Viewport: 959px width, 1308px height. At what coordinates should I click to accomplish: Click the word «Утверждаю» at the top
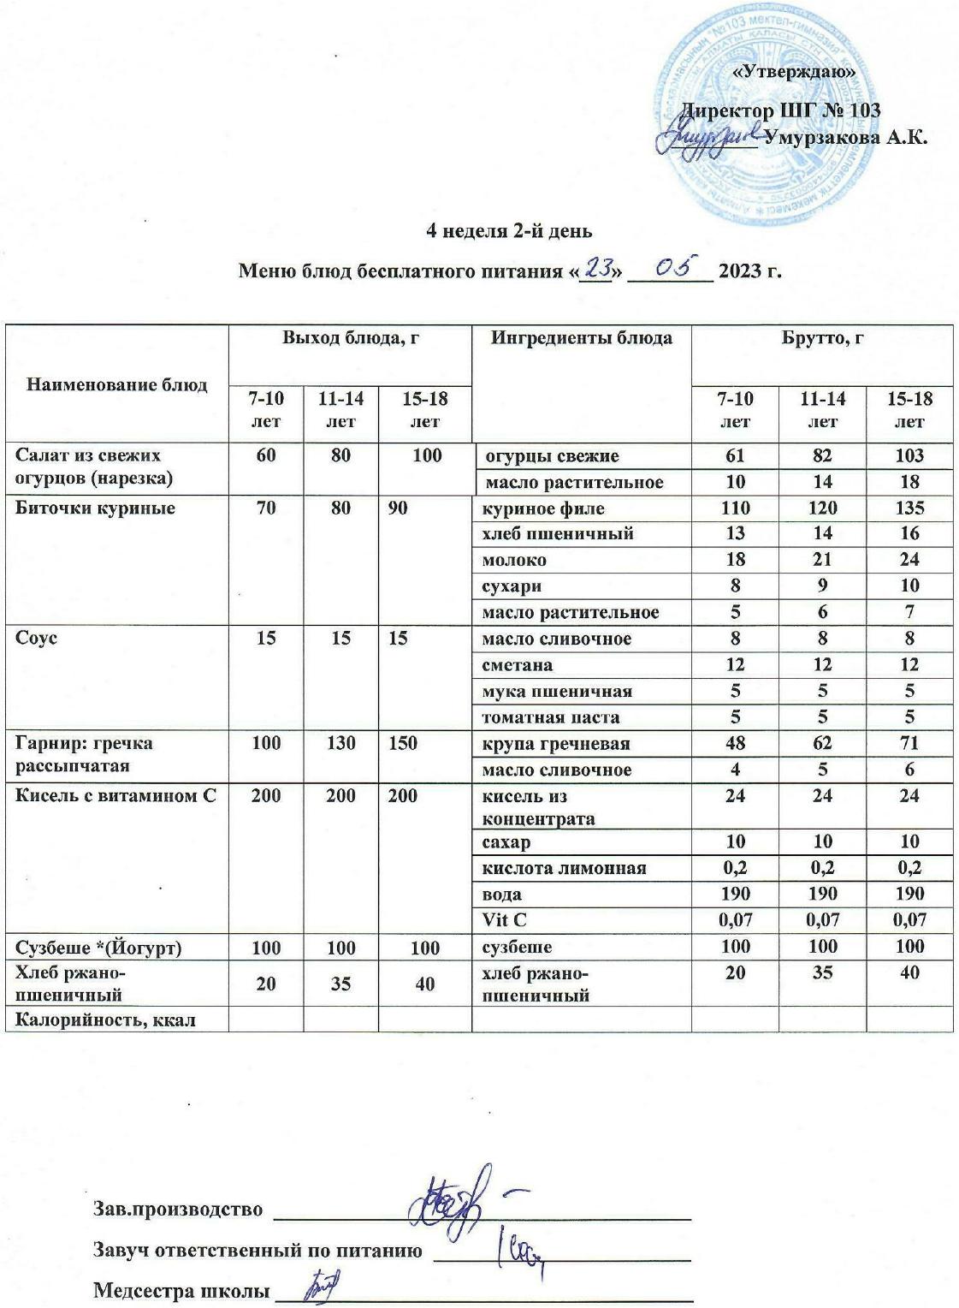796,73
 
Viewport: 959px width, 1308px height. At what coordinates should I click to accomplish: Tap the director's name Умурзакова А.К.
844,137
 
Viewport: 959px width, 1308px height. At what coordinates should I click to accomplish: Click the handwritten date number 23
595,269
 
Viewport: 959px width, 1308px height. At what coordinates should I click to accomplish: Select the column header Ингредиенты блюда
581,338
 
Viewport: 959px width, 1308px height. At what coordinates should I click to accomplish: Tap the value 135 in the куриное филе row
909,508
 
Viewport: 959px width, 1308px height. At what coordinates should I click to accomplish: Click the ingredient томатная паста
551,717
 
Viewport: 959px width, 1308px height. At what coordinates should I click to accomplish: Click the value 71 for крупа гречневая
909,744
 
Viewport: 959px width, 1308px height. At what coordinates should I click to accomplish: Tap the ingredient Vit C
506,920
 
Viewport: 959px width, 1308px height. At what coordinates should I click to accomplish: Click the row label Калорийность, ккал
106,1020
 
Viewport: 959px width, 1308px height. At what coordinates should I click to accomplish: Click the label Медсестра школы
179,1289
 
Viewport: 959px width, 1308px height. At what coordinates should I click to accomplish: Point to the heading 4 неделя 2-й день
509,231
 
